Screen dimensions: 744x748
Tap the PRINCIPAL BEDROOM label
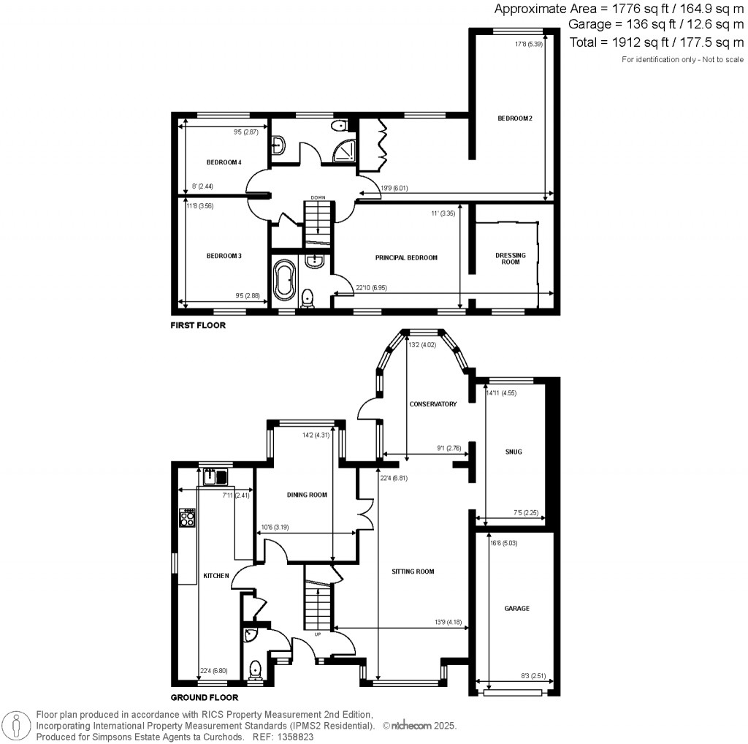coord(406,257)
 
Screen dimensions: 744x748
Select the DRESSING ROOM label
coord(511,259)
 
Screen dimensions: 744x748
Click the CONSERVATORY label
coord(433,404)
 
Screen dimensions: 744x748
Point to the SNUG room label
coord(514,452)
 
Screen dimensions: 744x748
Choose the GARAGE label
coord(516,608)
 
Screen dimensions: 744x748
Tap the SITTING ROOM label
coord(413,572)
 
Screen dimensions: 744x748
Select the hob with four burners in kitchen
coord(187,517)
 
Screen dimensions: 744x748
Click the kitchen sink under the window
coord(215,477)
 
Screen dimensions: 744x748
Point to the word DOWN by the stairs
coord(318,197)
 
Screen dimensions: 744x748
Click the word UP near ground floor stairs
coord(317,634)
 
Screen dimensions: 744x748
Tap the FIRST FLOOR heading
coord(198,325)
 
